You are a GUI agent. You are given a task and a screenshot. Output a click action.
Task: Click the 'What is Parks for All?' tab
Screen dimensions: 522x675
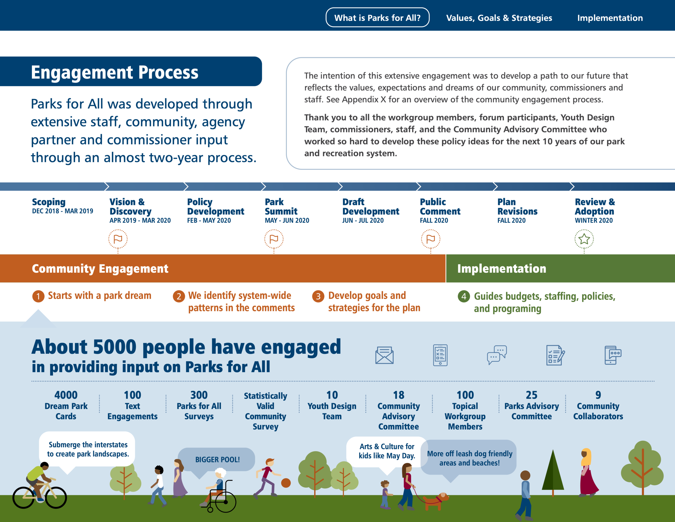coord(377,18)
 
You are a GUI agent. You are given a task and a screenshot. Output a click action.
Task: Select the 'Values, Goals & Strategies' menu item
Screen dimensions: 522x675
coord(499,18)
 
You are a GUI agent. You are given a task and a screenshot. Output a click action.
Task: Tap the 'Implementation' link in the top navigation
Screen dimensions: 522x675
coord(610,18)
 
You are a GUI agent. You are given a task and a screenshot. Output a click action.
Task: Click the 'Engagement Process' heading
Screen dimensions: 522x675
coord(115,72)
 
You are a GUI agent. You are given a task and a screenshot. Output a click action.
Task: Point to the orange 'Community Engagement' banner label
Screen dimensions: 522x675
coord(100,268)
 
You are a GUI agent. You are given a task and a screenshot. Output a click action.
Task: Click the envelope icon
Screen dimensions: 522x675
coord(384,355)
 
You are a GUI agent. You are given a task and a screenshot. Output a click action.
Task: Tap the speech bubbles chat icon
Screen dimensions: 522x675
coord(497,355)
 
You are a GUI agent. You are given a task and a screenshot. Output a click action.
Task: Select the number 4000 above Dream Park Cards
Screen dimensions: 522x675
coord(66,395)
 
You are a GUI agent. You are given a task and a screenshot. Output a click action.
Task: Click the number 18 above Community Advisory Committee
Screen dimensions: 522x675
coord(399,395)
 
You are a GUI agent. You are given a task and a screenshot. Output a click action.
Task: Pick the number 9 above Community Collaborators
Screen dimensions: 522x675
coord(598,395)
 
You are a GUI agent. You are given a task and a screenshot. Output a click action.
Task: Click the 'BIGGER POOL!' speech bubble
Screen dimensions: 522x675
coord(217,460)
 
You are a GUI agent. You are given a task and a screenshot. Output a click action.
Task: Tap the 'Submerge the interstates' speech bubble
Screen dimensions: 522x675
coord(88,449)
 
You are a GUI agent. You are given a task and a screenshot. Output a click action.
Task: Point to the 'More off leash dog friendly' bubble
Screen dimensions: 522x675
coord(469,458)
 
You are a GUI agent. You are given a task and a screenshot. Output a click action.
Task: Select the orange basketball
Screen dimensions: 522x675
coord(286,483)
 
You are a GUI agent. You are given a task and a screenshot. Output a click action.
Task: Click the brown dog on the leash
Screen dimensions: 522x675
coord(436,500)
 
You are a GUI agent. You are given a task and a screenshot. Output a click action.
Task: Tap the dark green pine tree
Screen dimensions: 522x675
coord(553,473)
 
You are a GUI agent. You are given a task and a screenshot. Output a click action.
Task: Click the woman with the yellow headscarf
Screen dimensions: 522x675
coord(587,473)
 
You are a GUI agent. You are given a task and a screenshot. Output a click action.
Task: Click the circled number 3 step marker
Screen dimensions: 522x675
coord(318,296)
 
